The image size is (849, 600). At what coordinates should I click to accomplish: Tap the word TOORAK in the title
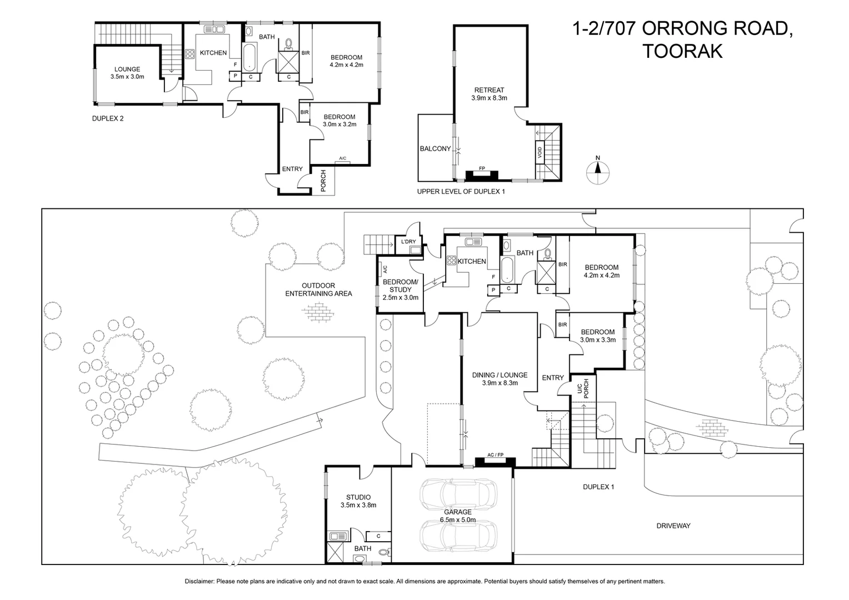682,52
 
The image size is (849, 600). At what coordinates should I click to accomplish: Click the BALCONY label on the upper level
435,148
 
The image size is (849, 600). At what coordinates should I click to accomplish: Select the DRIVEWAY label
673,526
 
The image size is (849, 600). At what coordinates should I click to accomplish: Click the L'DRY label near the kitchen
408,242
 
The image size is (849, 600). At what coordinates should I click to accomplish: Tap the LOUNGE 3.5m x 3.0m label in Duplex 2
127,73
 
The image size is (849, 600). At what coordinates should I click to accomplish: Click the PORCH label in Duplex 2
323,181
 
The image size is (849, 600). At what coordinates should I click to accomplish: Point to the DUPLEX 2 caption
108,118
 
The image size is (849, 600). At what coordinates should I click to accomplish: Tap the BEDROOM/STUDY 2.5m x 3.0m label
400,289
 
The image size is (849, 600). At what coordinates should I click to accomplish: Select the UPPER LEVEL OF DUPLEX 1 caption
461,192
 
